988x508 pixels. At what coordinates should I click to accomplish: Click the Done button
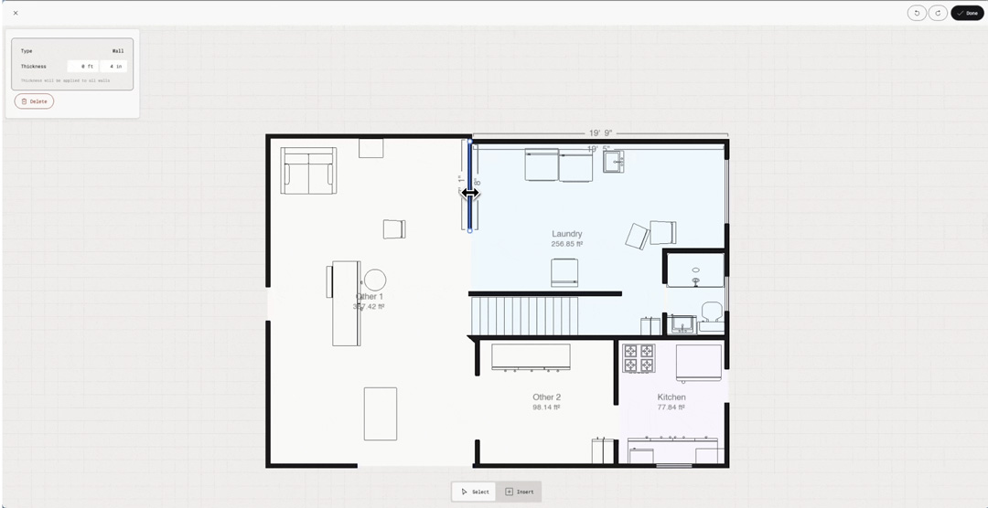pyautogui.click(x=967, y=13)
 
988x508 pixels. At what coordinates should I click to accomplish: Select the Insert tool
pyautogui.click(x=520, y=492)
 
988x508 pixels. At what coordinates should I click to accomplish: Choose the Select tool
pyautogui.click(x=475, y=492)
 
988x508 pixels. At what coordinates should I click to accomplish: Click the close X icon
pyautogui.click(x=16, y=13)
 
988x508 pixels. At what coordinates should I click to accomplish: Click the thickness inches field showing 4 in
pyautogui.click(x=114, y=67)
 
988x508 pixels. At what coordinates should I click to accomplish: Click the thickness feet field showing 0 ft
pyautogui.click(x=83, y=67)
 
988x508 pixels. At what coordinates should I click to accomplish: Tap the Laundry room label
pyautogui.click(x=567, y=234)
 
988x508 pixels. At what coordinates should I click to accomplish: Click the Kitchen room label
pyautogui.click(x=671, y=397)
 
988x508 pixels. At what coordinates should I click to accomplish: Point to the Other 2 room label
pyautogui.click(x=547, y=397)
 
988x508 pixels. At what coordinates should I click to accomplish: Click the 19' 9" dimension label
pyautogui.click(x=601, y=133)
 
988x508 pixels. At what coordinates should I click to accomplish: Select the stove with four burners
pyautogui.click(x=639, y=358)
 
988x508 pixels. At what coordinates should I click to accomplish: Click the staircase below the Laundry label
pyautogui.click(x=525, y=316)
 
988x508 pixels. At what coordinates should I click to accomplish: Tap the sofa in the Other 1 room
pyautogui.click(x=308, y=172)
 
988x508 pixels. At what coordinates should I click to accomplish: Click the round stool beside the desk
pyautogui.click(x=375, y=280)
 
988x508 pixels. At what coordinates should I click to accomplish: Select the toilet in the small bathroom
pyautogui.click(x=712, y=311)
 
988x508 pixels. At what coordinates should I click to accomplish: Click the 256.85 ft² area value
pyautogui.click(x=567, y=244)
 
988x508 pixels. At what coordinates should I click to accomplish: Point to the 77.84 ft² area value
pyautogui.click(x=671, y=407)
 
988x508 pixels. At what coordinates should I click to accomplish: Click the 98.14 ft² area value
pyautogui.click(x=547, y=407)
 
